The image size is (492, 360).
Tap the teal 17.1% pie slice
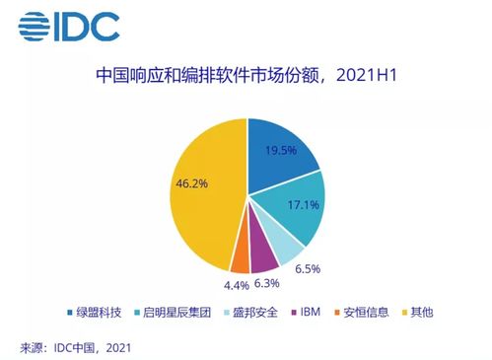click(x=299, y=209)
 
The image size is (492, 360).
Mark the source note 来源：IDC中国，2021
click(x=75, y=346)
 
